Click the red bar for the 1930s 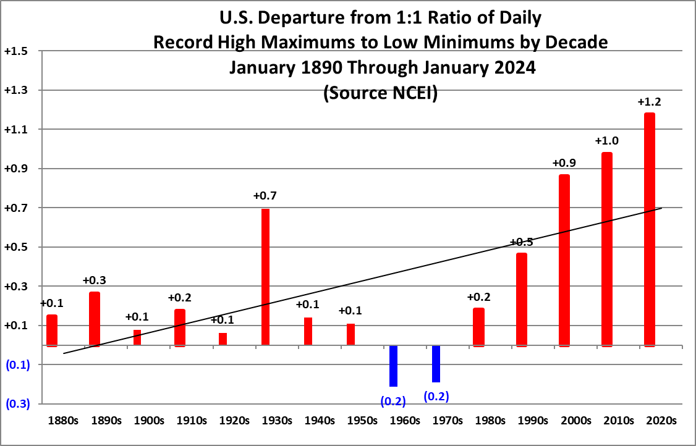click(x=265, y=278)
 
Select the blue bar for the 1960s click(x=393, y=366)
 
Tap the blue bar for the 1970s click(x=436, y=364)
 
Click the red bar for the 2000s click(x=564, y=260)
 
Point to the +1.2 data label click(x=650, y=102)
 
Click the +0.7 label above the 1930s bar click(x=265, y=196)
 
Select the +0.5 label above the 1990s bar click(x=522, y=242)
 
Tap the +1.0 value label click(x=606, y=141)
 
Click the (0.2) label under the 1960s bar click(x=393, y=401)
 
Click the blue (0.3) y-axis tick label click(x=17, y=404)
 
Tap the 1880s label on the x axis click(x=64, y=421)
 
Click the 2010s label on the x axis click(x=618, y=421)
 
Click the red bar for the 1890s click(x=94, y=319)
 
